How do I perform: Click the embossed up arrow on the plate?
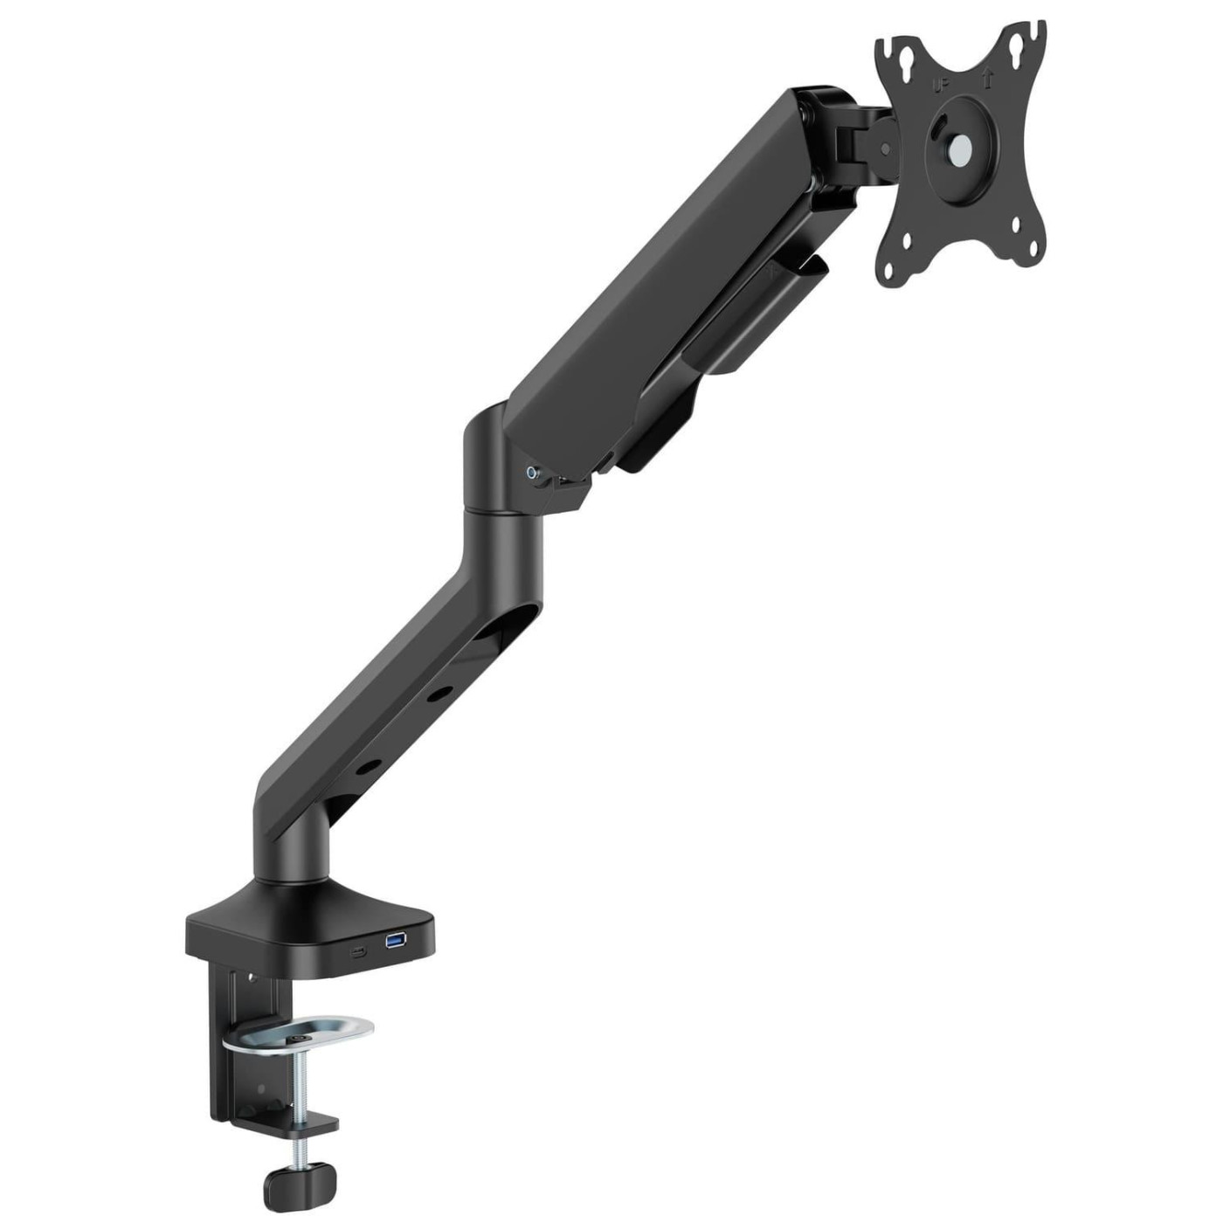pos(988,79)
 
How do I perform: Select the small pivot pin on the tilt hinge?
pos(886,149)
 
